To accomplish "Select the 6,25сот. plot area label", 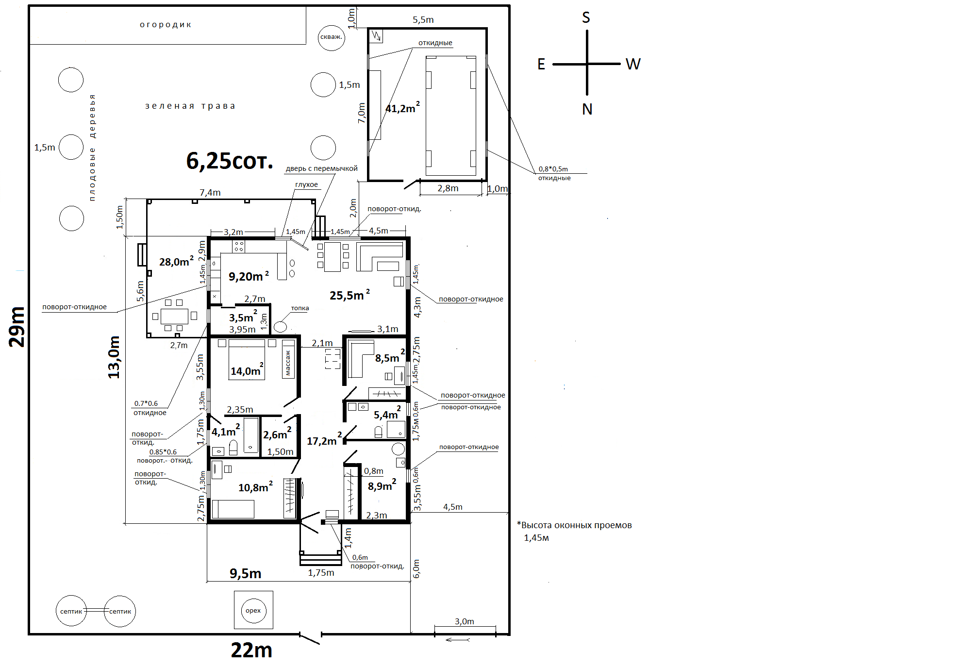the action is click(230, 161).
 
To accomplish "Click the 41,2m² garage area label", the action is click(402, 107).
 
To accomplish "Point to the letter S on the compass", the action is click(586, 17).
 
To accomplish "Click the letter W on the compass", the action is click(633, 64).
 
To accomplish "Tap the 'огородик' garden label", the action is click(166, 25).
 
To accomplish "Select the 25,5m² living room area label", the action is click(349, 295).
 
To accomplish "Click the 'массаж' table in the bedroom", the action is click(288, 359).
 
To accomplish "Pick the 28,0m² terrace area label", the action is click(176, 261).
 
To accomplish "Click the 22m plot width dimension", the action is click(251, 650).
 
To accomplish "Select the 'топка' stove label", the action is click(300, 308).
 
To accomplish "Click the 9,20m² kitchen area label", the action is click(249, 276).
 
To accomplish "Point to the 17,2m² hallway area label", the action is click(324, 440).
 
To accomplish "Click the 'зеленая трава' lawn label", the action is click(190, 106).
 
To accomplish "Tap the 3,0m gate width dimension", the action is click(465, 621).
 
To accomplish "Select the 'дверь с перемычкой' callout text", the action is click(321, 168).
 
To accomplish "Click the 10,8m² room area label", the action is click(255, 486).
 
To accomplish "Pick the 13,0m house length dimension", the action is click(114, 357).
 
